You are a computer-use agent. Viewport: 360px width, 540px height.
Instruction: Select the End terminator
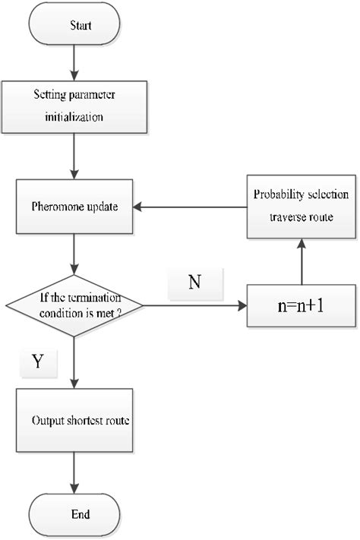pos(73,514)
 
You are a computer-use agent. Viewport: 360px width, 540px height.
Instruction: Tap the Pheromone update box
pos(73,207)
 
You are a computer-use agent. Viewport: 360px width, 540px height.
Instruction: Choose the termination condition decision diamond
pos(73,306)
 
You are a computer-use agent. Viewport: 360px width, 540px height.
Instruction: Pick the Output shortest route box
pos(73,420)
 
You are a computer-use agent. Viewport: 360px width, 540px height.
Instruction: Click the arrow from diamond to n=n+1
pos(194,307)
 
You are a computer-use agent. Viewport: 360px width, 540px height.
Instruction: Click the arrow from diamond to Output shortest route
pos(73,362)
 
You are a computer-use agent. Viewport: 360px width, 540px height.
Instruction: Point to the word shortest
pos(85,420)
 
